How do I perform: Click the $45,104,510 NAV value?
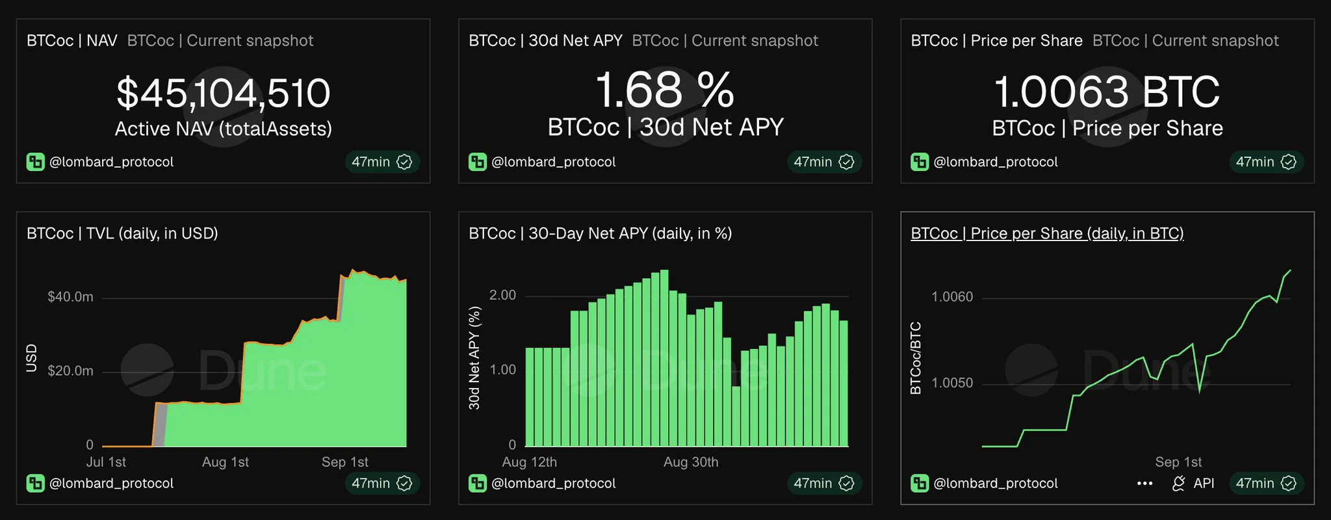(x=224, y=93)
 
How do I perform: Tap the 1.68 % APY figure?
(x=665, y=90)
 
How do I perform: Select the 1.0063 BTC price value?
(x=1107, y=92)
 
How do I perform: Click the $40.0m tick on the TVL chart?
(x=70, y=297)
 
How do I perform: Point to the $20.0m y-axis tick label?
(x=70, y=371)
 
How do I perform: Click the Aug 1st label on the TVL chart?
(x=226, y=462)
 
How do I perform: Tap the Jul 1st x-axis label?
(x=106, y=462)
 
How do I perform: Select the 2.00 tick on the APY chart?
(x=502, y=296)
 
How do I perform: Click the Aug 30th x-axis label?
(x=691, y=462)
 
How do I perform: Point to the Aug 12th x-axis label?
(x=529, y=462)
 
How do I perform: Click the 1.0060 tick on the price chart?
(x=952, y=297)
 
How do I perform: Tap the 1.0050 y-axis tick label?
(x=952, y=383)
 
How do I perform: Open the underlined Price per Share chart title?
(x=1047, y=233)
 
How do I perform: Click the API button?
(x=1193, y=484)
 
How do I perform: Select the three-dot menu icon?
(x=1145, y=484)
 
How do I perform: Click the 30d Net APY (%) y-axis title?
(x=474, y=358)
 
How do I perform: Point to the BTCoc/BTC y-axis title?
(x=916, y=358)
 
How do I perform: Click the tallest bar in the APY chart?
(x=664, y=358)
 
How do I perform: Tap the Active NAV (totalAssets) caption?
(x=224, y=129)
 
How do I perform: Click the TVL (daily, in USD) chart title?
(x=122, y=233)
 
